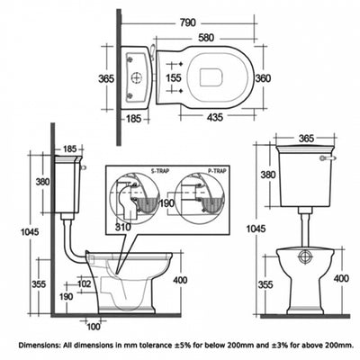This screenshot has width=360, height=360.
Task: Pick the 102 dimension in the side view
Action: click(x=84, y=284)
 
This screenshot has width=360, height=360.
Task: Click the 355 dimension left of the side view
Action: click(x=39, y=283)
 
